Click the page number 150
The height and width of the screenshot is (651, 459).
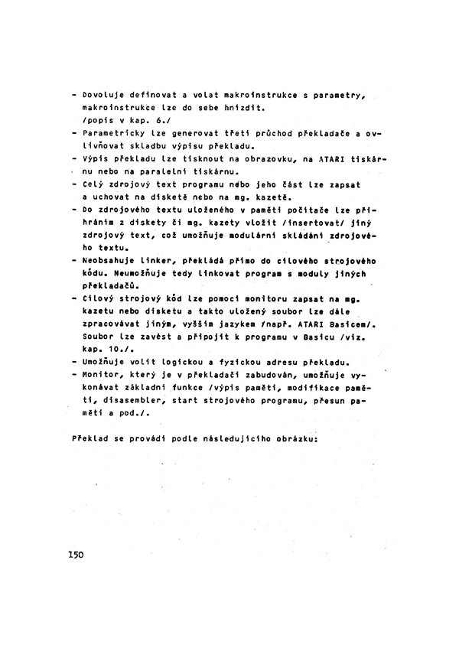(75, 553)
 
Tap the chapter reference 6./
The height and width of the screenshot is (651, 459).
(166, 121)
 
